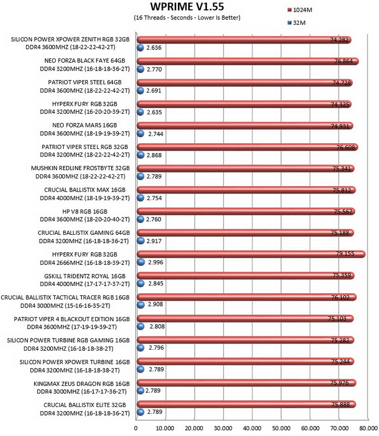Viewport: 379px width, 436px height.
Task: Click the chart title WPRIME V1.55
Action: click(x=187, y=6)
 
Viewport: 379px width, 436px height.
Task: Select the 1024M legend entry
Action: click(x=300, y=10)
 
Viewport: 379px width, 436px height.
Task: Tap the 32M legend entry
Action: click(x=296, y=23)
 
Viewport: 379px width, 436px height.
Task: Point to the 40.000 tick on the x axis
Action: click(x=252, y=428)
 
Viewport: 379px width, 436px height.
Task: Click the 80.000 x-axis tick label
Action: click(x=368, y=428)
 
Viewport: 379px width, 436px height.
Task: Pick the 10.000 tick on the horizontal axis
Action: click(x=165, y=428)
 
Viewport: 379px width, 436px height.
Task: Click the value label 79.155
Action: click(x=345, y=253)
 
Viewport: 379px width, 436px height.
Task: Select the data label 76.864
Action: click(x=343, y=61)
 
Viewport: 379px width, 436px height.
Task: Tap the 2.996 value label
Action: click(x=156, y=262)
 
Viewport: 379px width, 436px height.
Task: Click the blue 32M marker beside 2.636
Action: click(x=141, y=47)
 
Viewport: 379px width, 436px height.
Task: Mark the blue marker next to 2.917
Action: click(x=141, y=241)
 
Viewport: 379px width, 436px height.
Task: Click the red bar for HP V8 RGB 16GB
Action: click(x=246, y=211)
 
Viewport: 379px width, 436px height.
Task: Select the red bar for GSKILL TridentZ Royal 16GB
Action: click(x=245, y=275)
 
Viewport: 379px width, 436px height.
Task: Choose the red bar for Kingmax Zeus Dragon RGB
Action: click(x=246, y=383)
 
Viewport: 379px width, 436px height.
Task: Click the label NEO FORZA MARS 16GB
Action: click(x=85, y=125)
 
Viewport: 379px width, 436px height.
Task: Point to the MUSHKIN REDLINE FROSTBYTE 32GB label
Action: click(x=81, y=168)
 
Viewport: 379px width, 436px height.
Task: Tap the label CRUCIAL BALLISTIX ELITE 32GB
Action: click(x=85, y=405)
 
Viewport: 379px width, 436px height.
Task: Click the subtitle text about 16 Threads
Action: click(x=187, y=17)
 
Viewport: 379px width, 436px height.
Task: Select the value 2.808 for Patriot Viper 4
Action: click(x=157, y=326)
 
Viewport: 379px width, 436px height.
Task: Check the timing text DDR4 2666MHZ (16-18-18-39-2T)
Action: click(x=85, y=262)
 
